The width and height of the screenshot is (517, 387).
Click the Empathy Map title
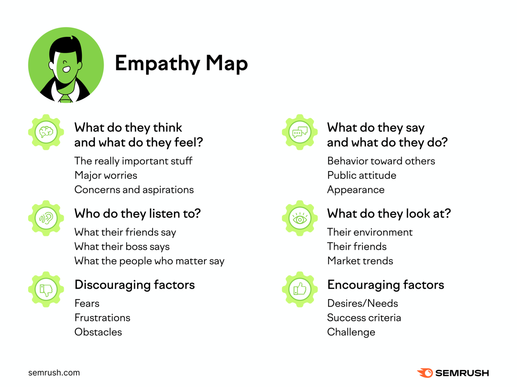coord(181,63)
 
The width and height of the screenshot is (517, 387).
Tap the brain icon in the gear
coord(46,132)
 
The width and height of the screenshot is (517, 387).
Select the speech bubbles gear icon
coord(300,132)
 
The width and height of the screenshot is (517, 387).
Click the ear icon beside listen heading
coord(46,218)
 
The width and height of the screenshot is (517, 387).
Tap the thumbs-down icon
coord(46,290)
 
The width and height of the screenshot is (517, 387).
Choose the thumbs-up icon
coord(300,289)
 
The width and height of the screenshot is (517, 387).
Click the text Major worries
coord(106,176)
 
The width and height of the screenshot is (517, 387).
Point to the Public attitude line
coord(362,176)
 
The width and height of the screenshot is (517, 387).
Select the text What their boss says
coord(122,247)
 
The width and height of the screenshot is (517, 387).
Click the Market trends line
coord(360,261)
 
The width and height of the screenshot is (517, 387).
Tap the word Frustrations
coord(102,318)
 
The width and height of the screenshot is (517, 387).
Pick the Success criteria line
coord(364,318)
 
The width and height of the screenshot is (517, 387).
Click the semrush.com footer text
coord(54,373)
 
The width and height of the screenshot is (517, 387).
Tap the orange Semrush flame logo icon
coord(425,373)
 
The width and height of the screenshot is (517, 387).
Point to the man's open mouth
coord(66,69)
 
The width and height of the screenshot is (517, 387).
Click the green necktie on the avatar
coord(66,98)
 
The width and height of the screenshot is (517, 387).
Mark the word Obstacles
coord(98,332)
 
